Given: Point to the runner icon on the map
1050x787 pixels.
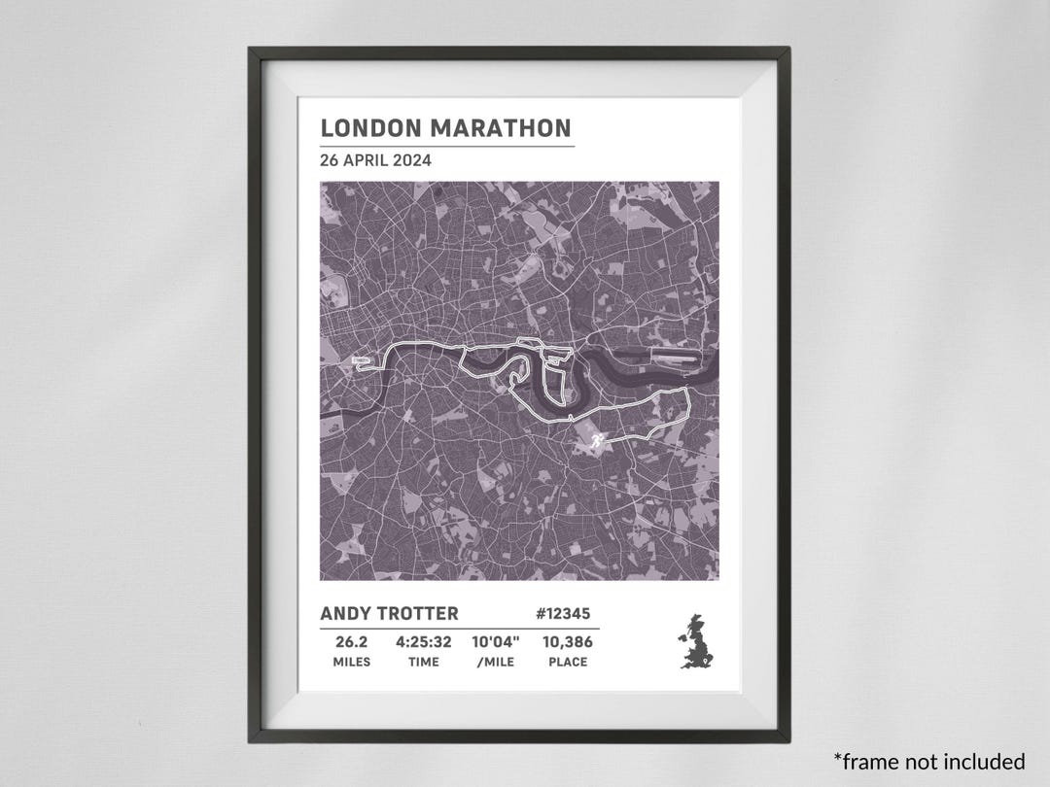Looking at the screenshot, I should [595, 442].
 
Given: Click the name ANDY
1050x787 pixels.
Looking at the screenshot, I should [346, 614].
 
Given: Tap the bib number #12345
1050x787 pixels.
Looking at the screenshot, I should [562, 614].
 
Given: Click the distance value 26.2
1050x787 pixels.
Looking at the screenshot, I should [351, 642].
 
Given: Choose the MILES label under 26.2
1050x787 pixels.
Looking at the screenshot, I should [351, 663].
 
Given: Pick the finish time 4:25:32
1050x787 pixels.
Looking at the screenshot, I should [423, 642].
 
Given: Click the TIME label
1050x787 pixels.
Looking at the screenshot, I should [423, 663].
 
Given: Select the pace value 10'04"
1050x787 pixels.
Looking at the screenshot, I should [496, 642].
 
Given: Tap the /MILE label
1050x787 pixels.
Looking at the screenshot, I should [496, 663].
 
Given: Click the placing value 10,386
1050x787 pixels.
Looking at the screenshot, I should [566, 642].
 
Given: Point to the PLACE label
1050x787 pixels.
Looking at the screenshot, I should [566, 663].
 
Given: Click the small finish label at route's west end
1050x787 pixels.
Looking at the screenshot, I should [361, 360].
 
